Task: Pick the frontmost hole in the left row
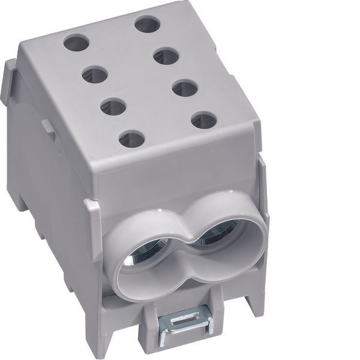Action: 132,140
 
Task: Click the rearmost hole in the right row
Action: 148,25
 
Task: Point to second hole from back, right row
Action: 166,57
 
